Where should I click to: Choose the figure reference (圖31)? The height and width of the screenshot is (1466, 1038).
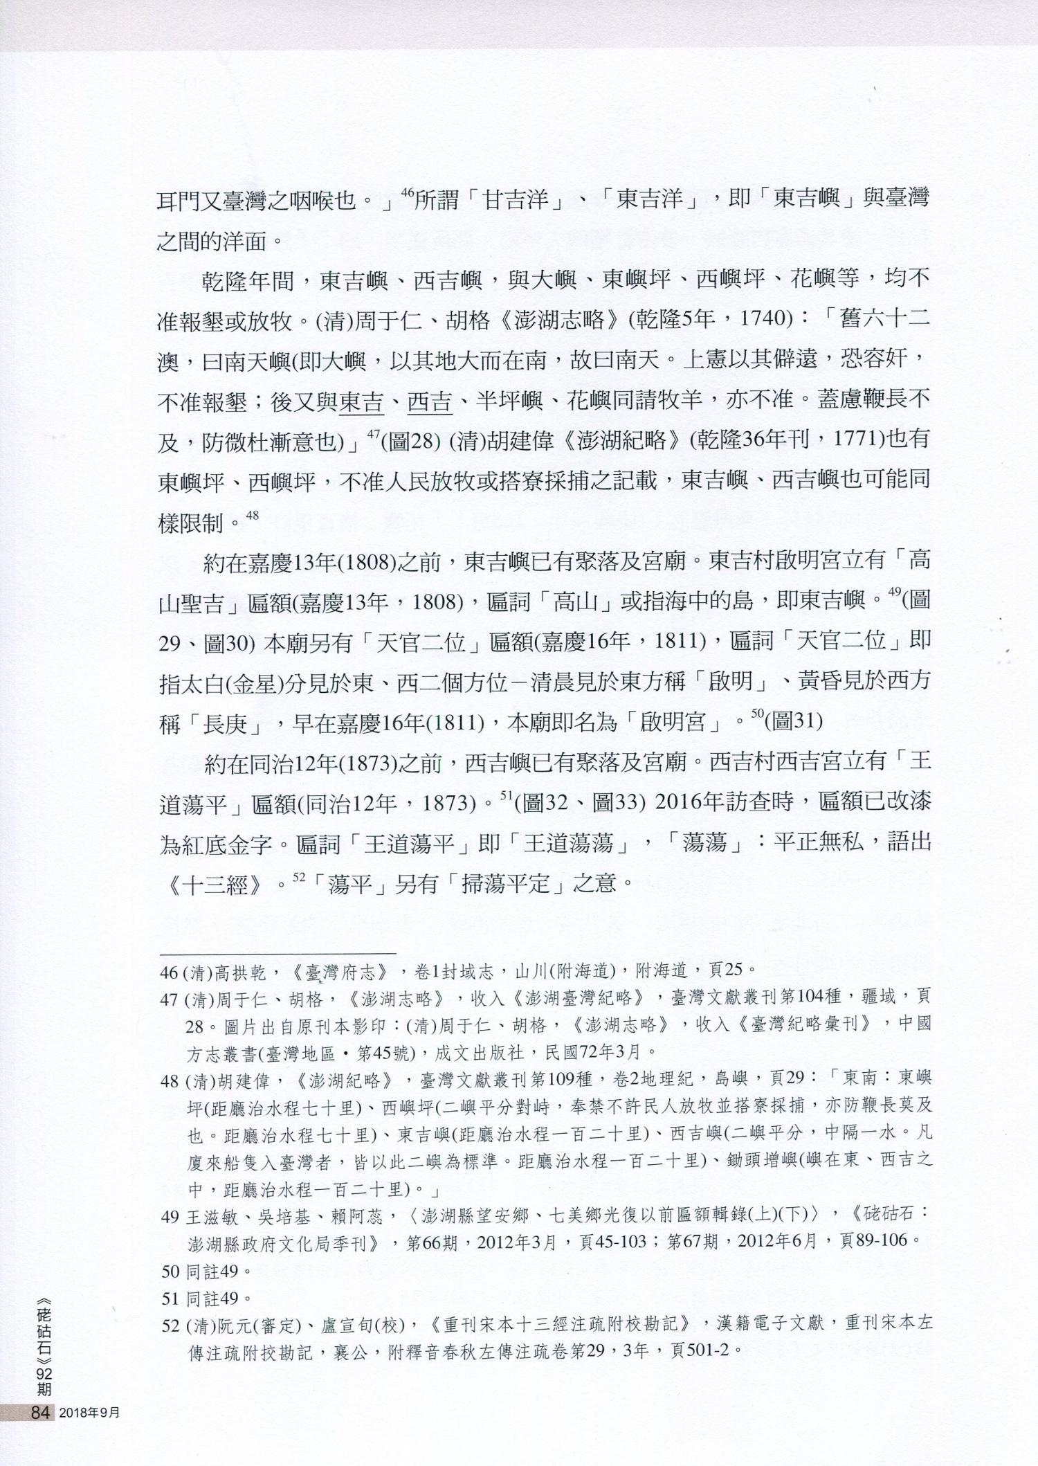click(793, 721)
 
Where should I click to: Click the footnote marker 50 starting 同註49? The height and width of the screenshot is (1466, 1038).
click(170, 1272)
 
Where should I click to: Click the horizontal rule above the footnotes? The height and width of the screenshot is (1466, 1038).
click(277, 953)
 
